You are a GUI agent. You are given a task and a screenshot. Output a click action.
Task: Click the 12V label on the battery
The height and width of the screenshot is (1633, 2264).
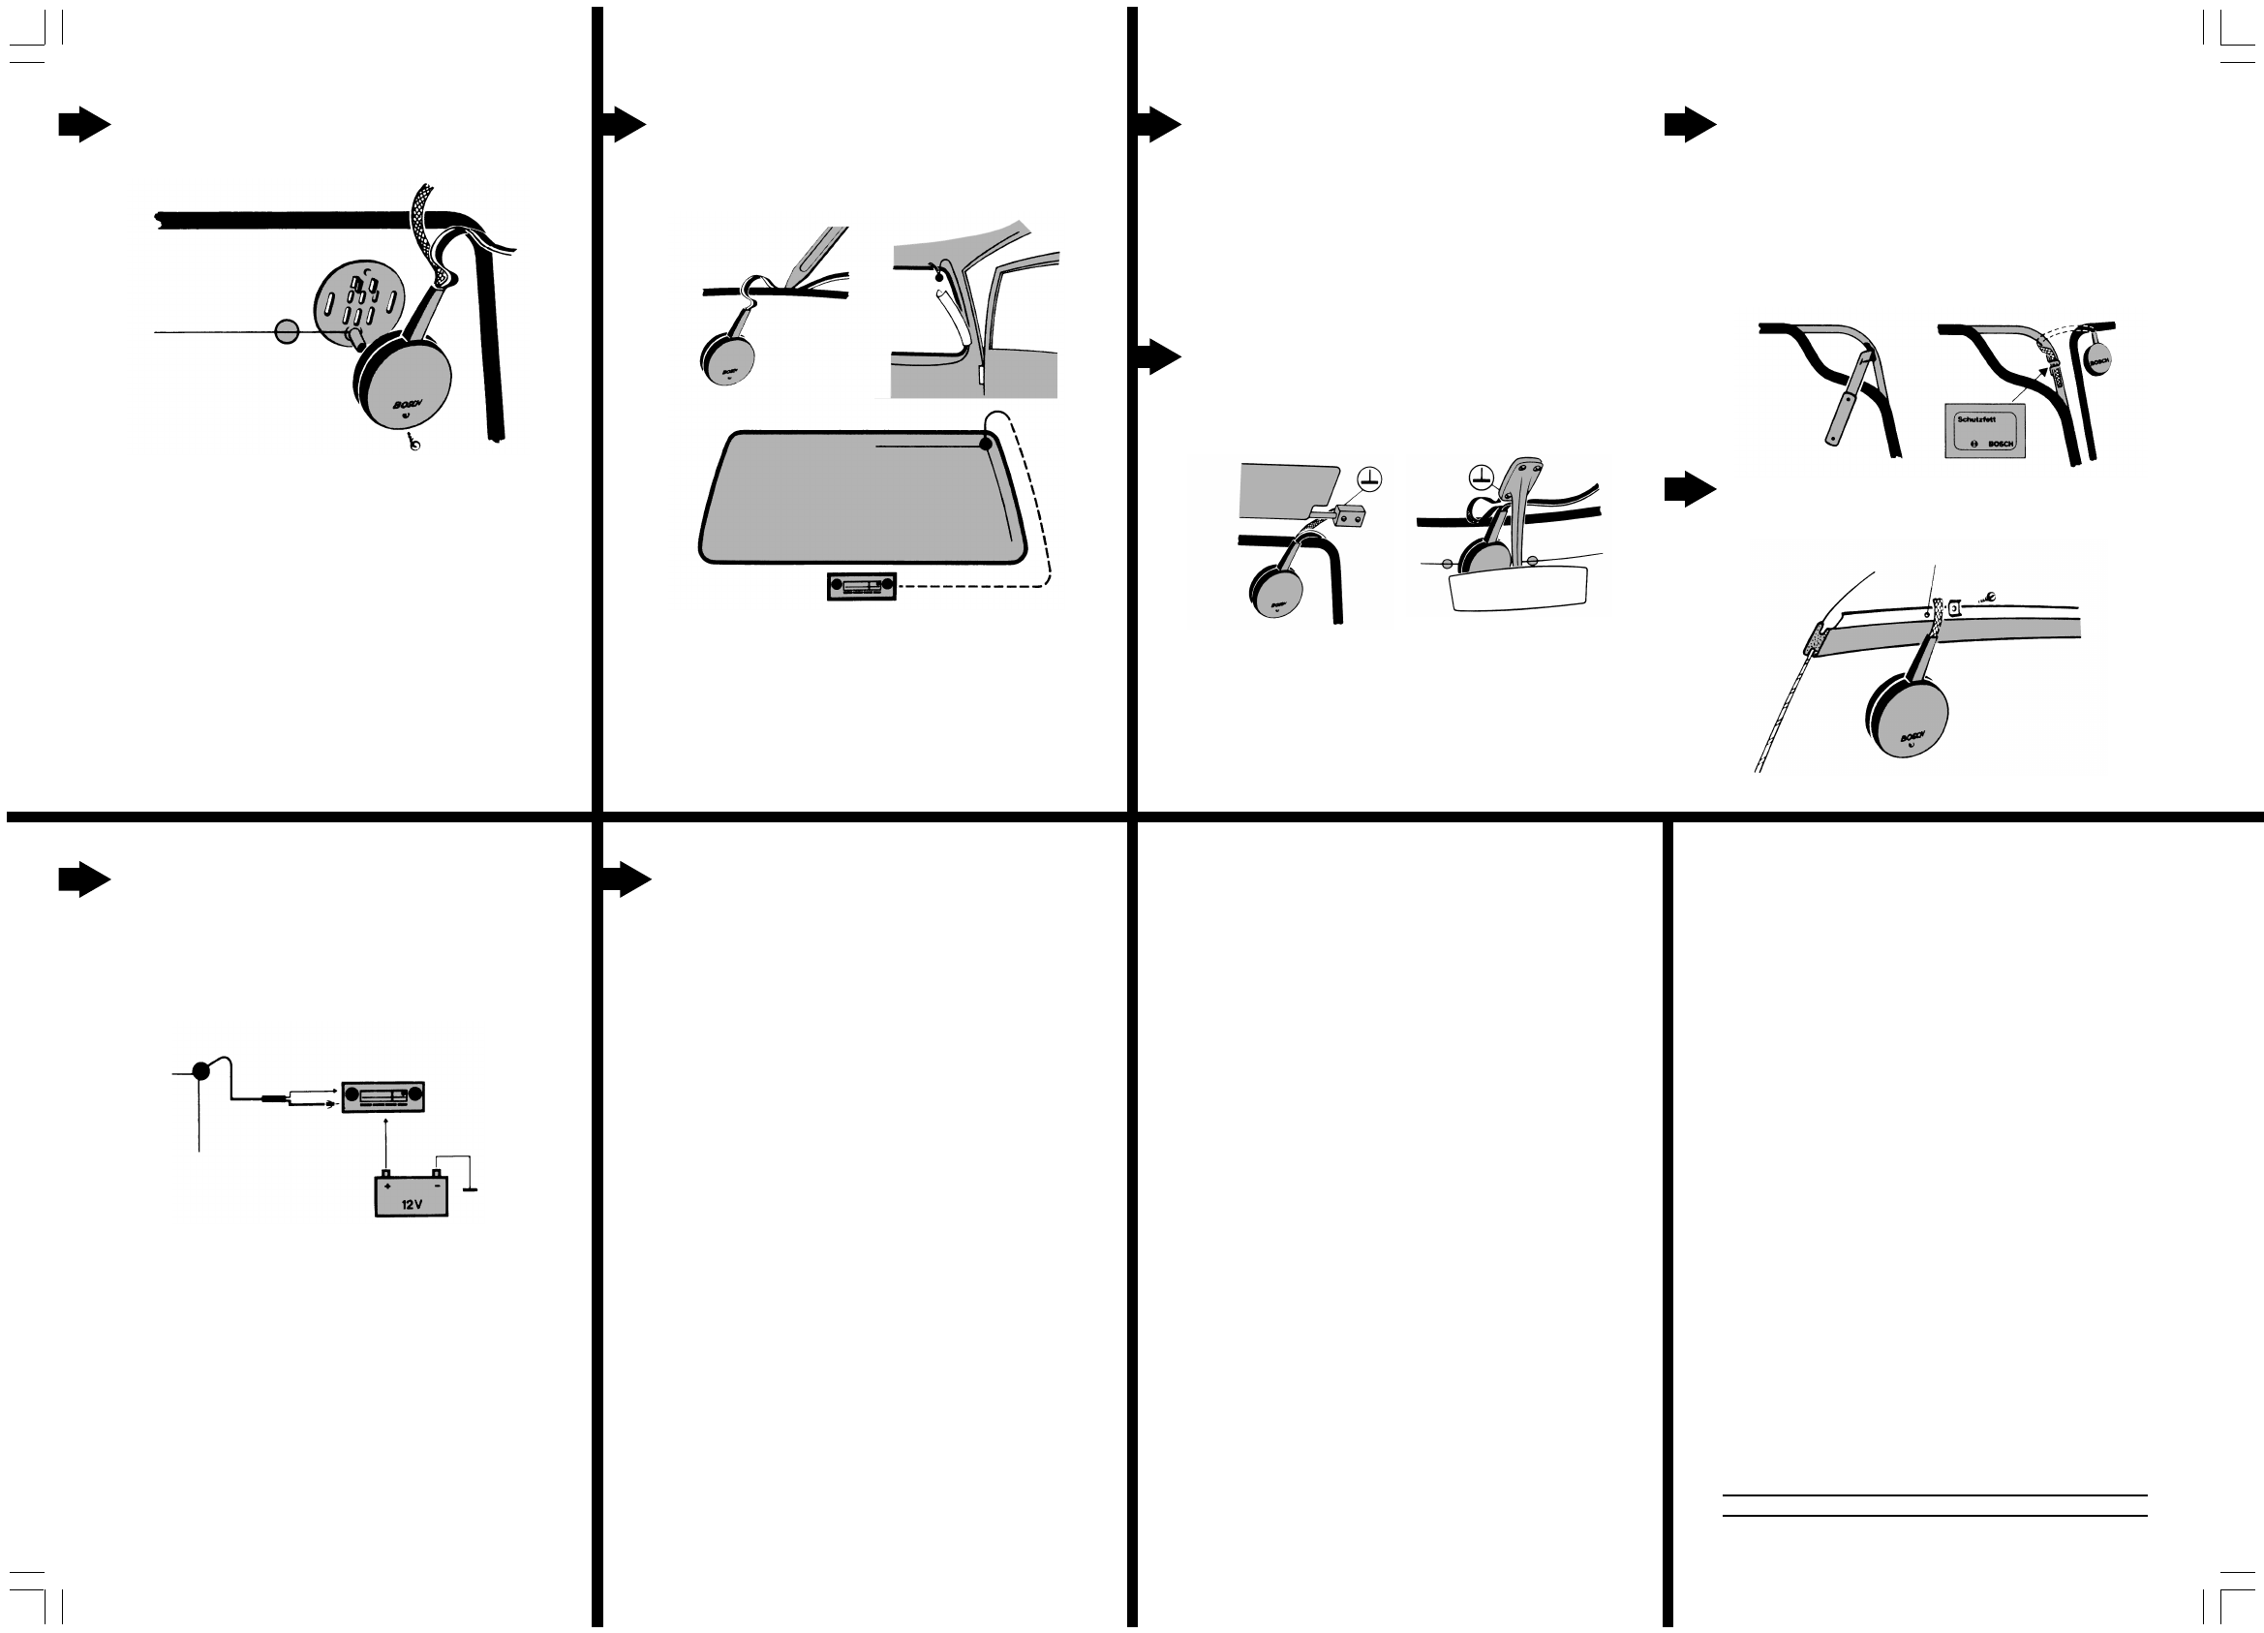412,1205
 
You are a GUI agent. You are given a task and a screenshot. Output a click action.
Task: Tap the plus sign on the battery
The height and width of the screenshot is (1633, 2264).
387,1185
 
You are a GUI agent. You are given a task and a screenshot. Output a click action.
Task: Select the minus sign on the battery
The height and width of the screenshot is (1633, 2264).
436,1185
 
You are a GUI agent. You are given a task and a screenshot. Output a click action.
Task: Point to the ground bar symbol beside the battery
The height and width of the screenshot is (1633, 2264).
471,1189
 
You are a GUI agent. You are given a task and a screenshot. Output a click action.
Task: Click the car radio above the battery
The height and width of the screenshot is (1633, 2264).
383,1097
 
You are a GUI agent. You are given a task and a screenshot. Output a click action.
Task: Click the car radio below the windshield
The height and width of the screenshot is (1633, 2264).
862,586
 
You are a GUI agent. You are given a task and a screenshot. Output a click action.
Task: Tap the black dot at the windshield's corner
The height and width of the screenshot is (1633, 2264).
986,445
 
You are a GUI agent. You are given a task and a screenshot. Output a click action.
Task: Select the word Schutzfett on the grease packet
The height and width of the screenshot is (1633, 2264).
1976,419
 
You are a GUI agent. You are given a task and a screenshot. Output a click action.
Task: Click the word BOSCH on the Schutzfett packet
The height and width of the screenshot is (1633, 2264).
2001,445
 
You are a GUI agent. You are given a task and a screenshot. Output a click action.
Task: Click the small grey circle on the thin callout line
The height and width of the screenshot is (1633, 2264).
287,331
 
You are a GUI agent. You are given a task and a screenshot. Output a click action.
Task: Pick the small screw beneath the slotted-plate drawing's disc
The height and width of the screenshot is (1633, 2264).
413,443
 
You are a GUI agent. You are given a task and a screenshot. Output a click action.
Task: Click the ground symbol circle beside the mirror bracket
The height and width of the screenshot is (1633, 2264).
1482,478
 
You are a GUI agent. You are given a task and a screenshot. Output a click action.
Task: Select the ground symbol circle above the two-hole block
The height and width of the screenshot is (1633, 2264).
1370,478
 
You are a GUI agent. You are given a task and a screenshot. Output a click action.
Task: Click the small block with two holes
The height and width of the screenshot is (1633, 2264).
1349,516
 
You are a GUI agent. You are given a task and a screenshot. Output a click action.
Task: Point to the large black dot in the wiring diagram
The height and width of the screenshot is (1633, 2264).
200,1071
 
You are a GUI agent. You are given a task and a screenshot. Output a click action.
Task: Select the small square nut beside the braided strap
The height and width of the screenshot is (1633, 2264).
1954,606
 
